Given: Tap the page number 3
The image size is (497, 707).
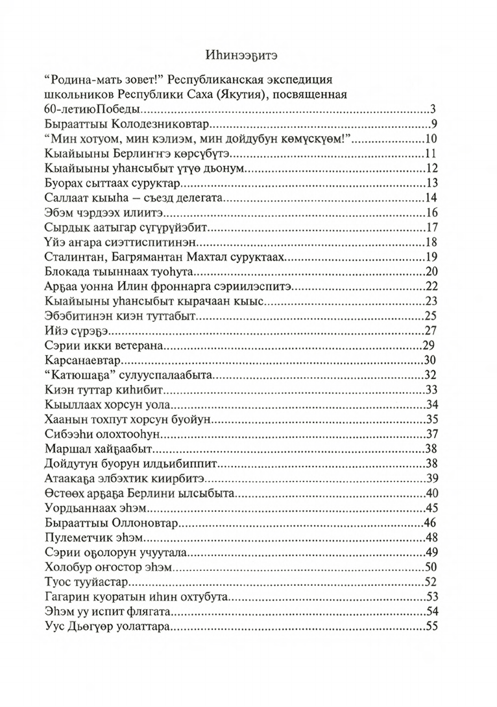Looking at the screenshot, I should (434, 109).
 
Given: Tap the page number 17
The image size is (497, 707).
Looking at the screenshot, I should (433, 227).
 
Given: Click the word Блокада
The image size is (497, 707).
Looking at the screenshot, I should (69, 272).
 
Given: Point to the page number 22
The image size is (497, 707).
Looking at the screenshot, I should (433, 287).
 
